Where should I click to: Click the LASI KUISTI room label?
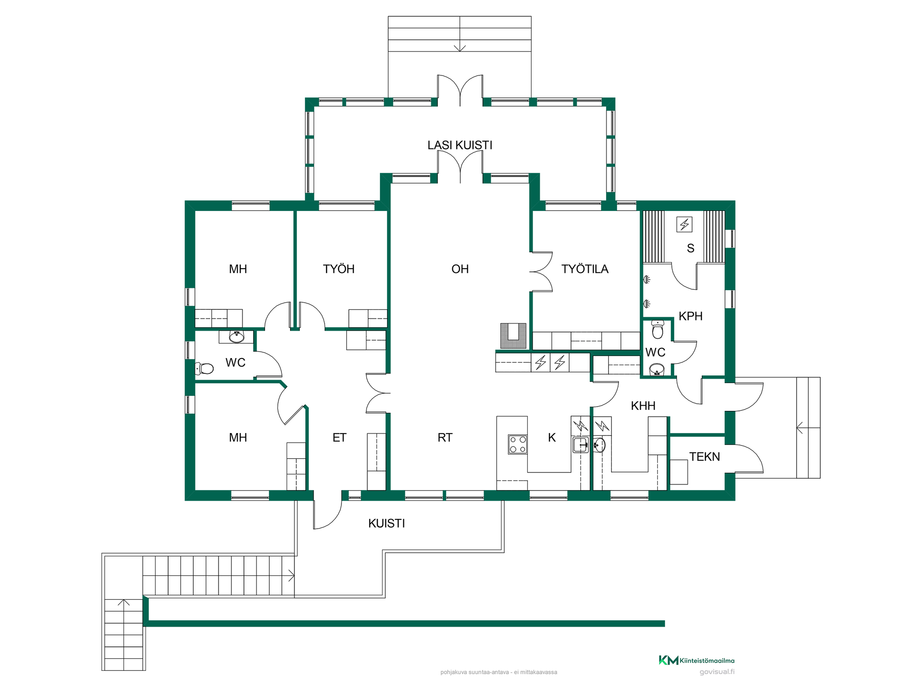[460, 145]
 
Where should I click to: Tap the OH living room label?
[460, 269]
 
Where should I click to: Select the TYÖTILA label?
[585, 269]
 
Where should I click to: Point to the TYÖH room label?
[339, 269]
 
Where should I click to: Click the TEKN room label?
[704, 457]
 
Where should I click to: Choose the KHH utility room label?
[643, 406]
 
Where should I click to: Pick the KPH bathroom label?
[691, 316]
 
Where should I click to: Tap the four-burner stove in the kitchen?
[518, 444]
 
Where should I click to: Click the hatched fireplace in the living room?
[513, 335]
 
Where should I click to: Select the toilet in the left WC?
[204, 369]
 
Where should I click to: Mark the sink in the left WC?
[236, 336]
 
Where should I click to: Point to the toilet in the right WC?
[658, 330]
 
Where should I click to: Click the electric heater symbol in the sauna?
[684, 224]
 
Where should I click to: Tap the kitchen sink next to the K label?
[581, 445]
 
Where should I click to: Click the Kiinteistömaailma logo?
[696, 660]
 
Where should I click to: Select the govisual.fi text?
[717, 672]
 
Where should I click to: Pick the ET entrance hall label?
[340, 437]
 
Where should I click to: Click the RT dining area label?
[445, 437]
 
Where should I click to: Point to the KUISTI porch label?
[387, 523]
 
